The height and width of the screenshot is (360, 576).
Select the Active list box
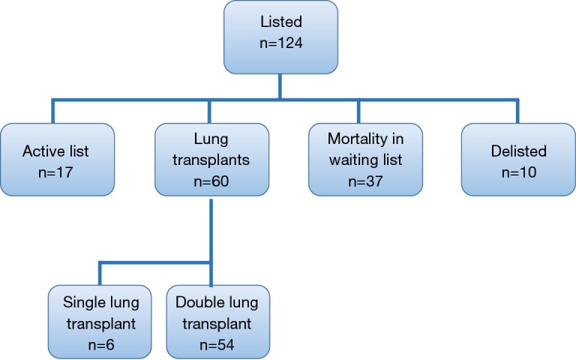point(58,158)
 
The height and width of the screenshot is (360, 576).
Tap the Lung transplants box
point(211,158)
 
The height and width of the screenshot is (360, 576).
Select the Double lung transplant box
point(217,321)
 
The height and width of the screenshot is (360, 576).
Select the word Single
point(76,302)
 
